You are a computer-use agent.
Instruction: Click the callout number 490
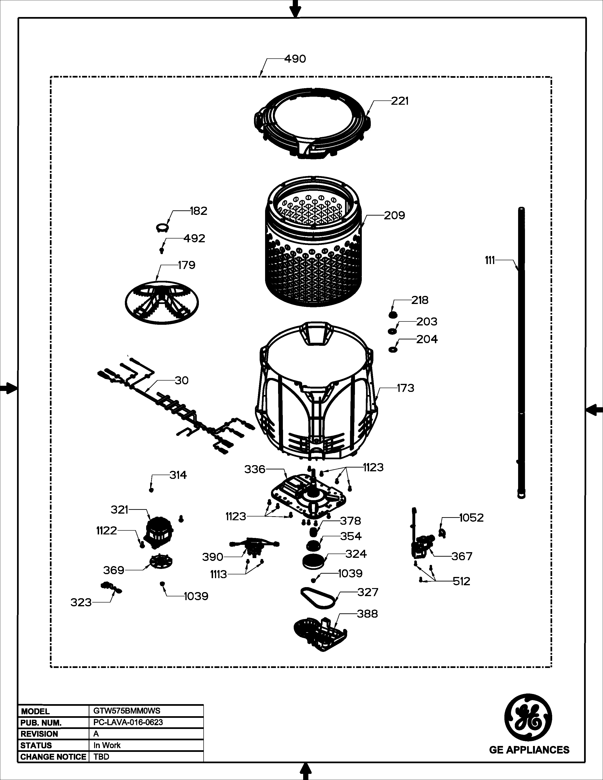tap(295, 59)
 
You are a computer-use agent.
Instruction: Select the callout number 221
tap(399, 101)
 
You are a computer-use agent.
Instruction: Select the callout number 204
tap(427, 339)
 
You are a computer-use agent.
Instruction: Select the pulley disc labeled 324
tap(313, 561)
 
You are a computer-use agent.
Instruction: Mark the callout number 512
tap(462, 581)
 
